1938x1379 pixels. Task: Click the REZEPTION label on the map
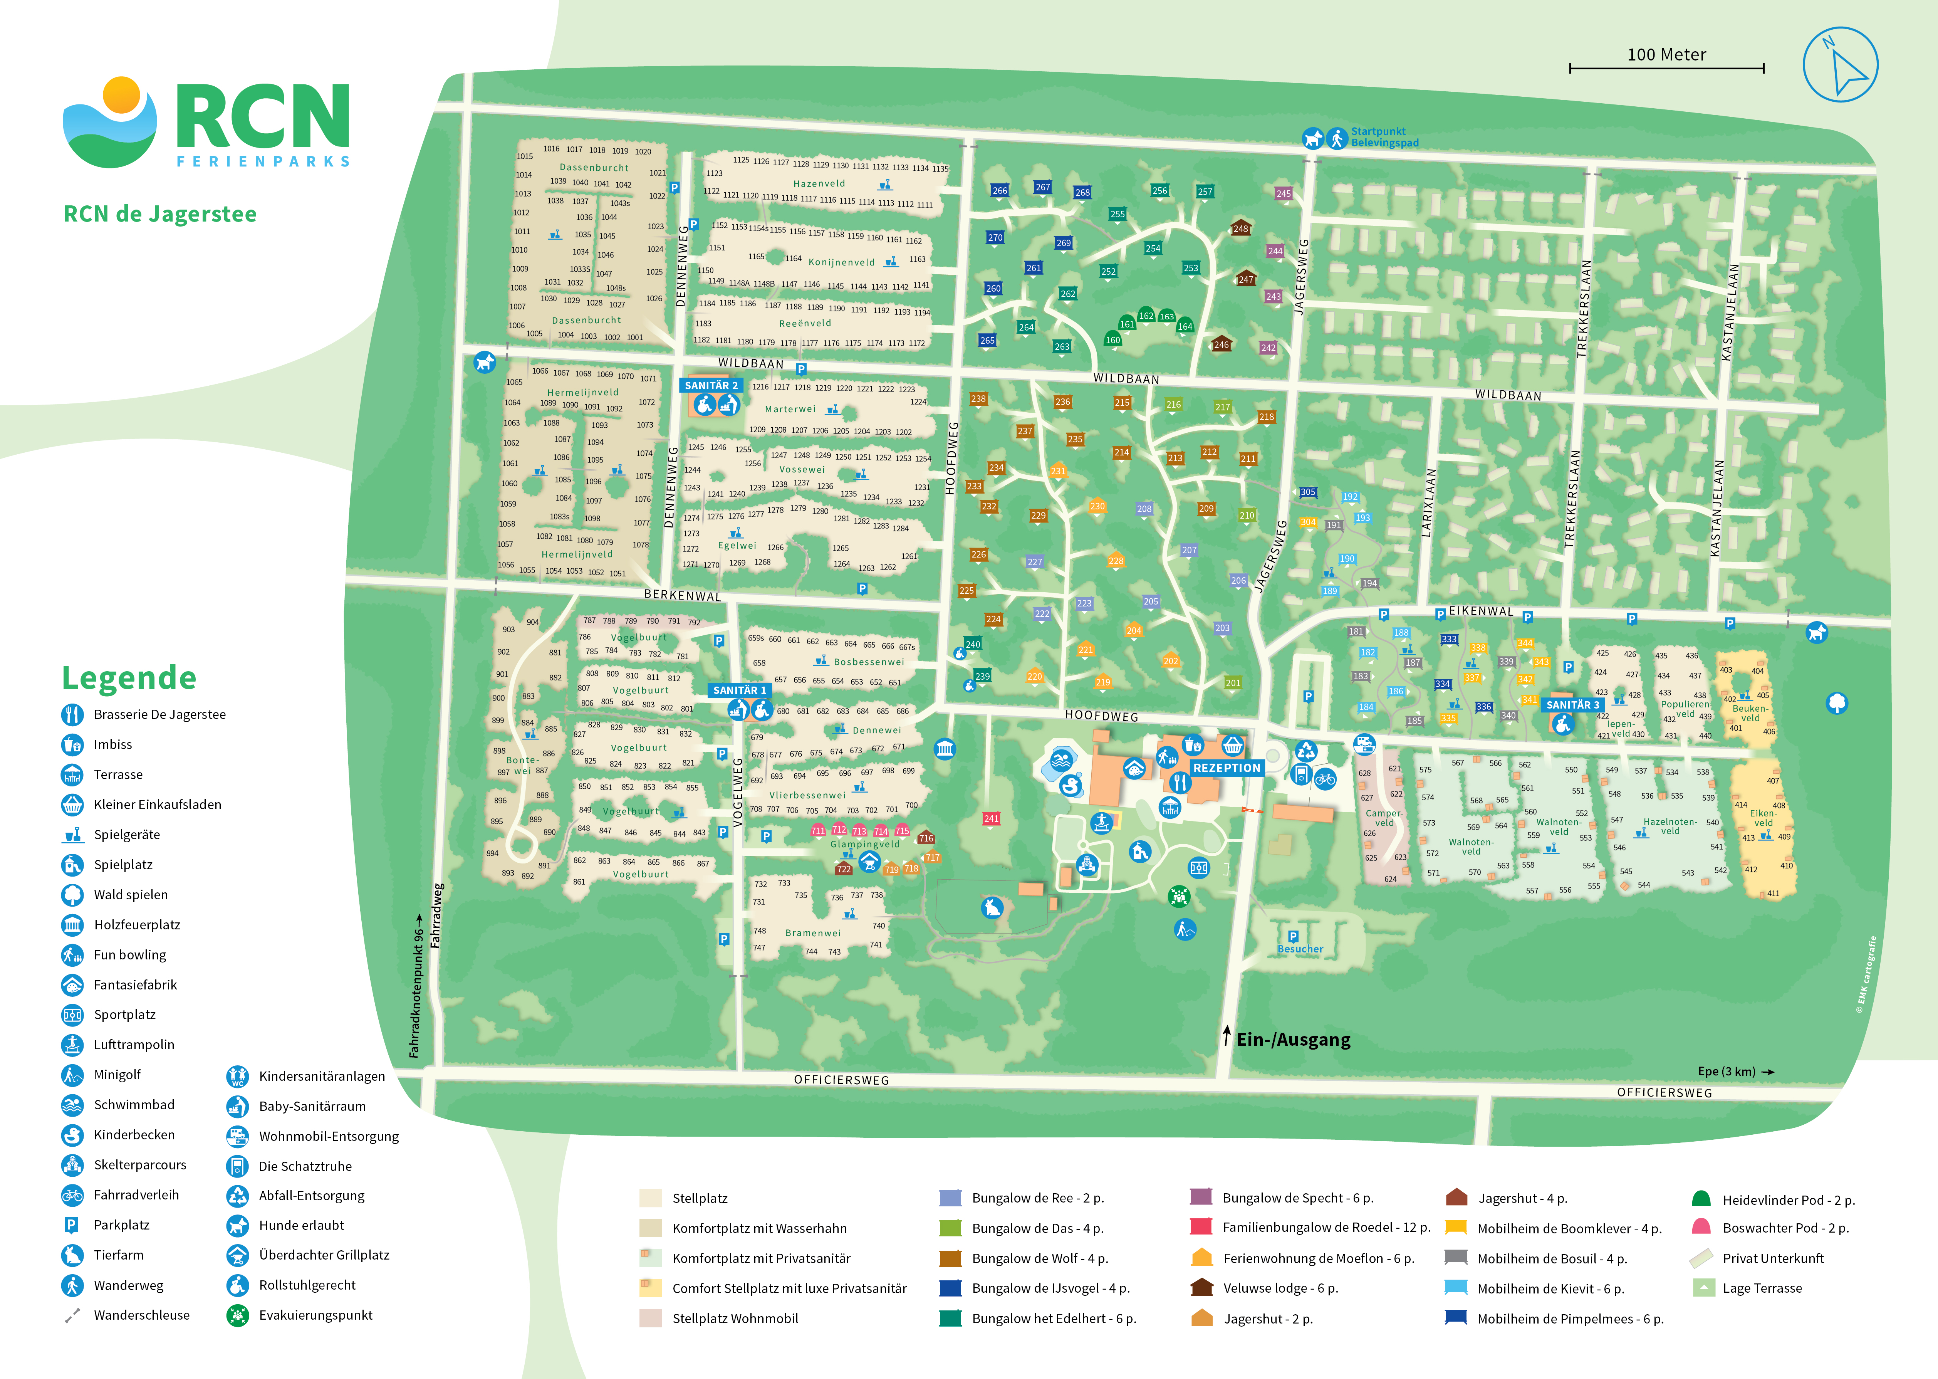pos(1227,768)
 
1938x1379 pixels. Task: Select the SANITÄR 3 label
pos(1572,705)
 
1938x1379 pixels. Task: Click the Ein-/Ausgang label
pos(1293,1039)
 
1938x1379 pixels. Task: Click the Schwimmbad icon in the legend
pos(73,1105)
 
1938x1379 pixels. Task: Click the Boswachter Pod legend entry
pos(1785,1228)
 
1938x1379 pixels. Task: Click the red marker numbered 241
pos(991,818)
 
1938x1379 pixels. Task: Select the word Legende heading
pos(129,678)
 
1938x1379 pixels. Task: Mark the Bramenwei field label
pos(812,933)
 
